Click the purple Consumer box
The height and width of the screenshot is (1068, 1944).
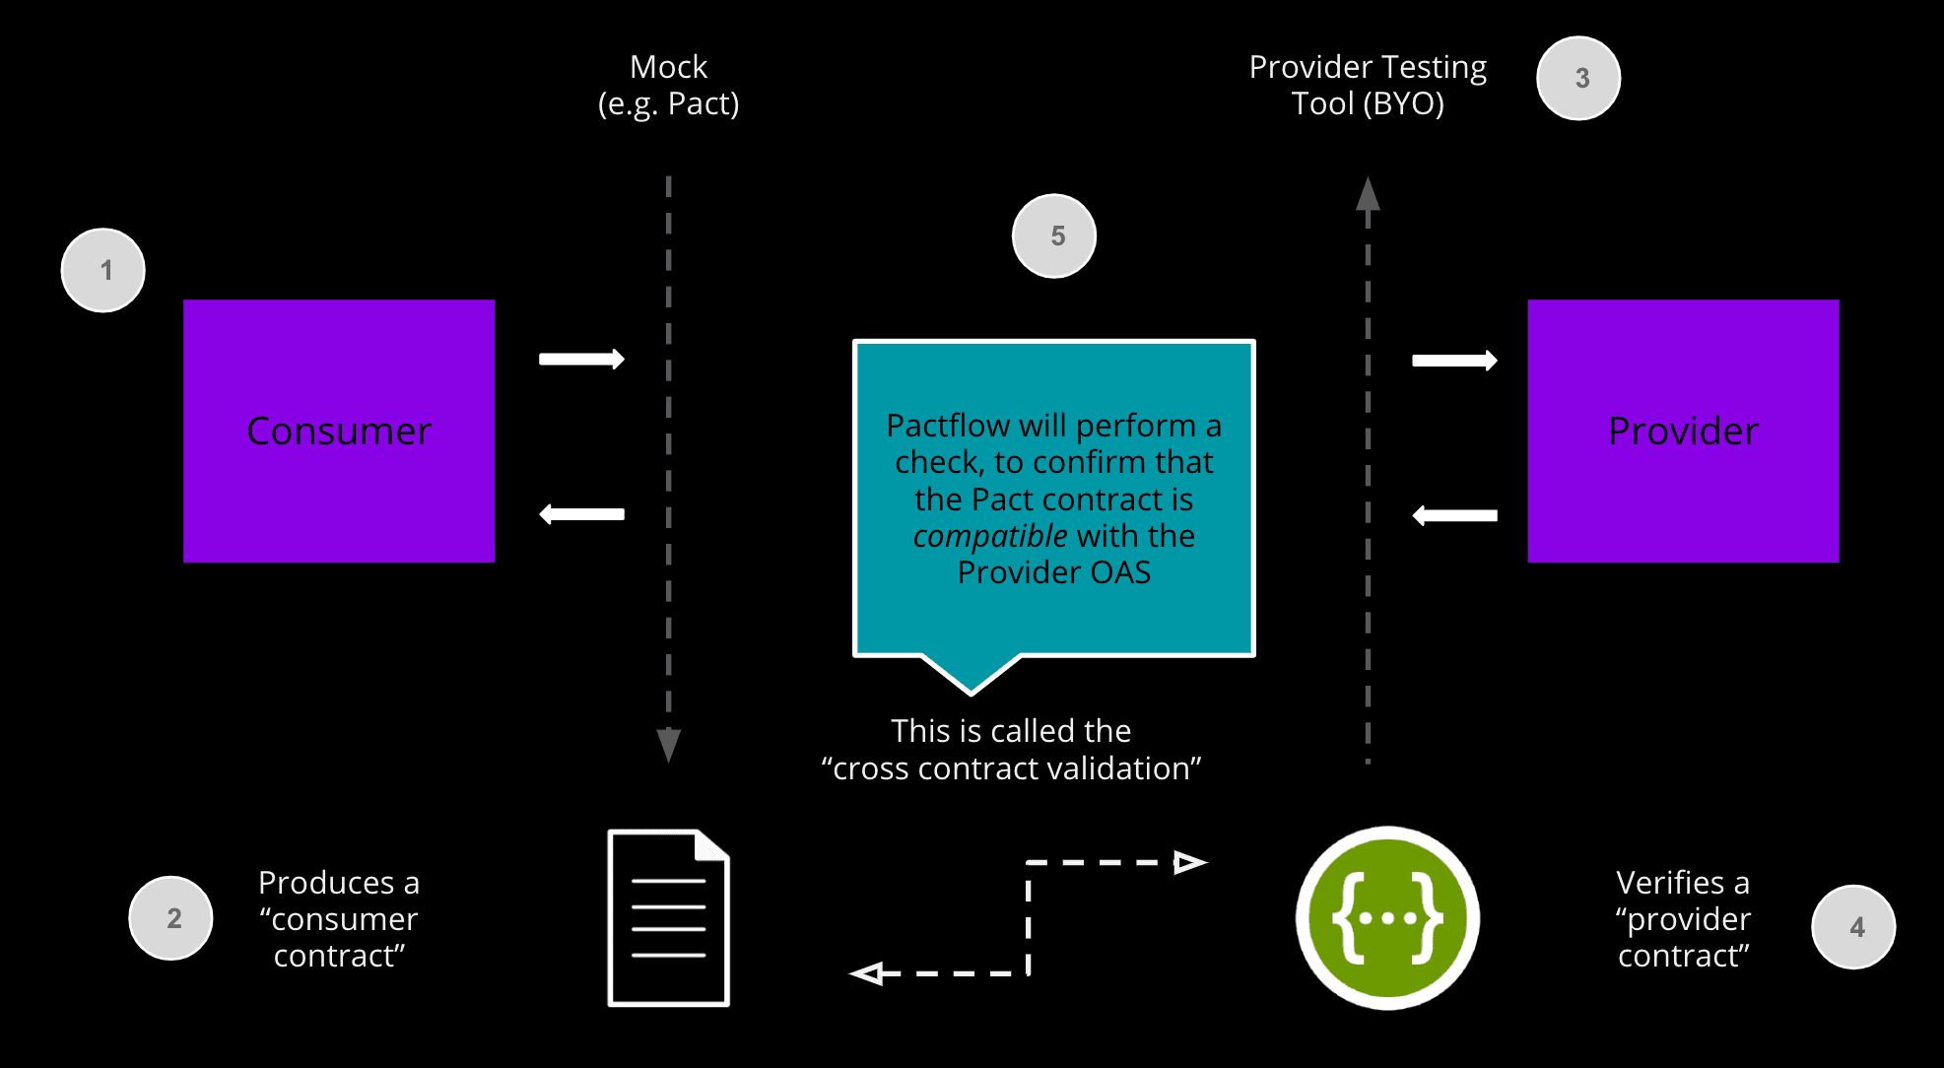pyautogui.click(x=339, y=431)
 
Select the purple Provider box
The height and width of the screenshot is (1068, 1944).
pyautogui.click(x=1683, y=431)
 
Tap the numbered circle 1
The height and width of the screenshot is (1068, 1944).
pyautogui.click(x=103, y=270)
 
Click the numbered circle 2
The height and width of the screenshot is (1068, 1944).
pyautogui.click(x=171, y=918)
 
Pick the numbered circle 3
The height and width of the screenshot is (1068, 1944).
pyautogui.click(x=1578, y=78)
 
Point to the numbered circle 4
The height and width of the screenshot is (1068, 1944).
pyautogui.click(x=1853, y=926)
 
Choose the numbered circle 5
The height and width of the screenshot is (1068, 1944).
pyautogui.click(x=1054, y=235)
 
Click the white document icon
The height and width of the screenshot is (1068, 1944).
pyautogui.click(x=668, y=917)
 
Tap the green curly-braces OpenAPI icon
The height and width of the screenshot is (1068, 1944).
pyautogui.click(x=1387, y=917)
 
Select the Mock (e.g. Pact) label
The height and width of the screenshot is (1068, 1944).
pyautogui.click(x=668, y=85)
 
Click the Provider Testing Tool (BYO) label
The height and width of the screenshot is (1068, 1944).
pyautogui.click(x=1368, y=85)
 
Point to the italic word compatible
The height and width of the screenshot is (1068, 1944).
pyautogui.click(x=989, y=536)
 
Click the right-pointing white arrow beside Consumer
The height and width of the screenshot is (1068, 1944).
pyautogui.click(x=581, y=359)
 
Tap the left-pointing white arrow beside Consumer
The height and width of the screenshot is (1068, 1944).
pyautogui.click(x=581, y=514)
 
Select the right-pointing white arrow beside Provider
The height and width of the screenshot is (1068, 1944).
pyautogui.click(x=1454, y=361)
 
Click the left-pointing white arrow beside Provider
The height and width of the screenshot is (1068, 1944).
pyautogui.click(x=1454, y=515)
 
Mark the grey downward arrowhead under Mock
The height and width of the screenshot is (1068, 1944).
pyautogui.click(x=668, y=745)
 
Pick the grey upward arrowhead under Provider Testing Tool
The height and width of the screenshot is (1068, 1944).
pyautogui.click(x=1368, y=194)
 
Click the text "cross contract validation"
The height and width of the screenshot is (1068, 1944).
pyautogui.click(x=1011, y=768)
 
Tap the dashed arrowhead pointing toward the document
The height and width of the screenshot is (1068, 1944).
pyautogui.click(x=867, y=973)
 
